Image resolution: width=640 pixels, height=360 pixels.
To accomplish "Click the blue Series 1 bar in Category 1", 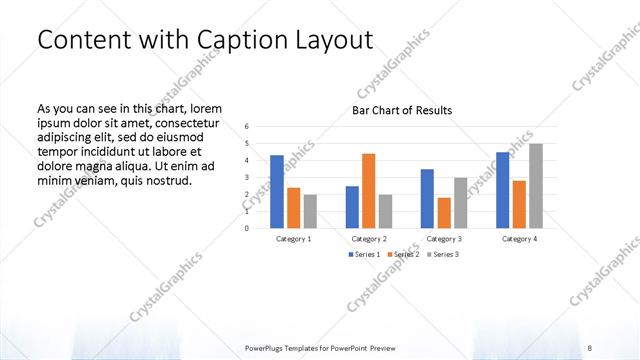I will click(277, 192).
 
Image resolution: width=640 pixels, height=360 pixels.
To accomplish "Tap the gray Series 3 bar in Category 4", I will click(536, 186).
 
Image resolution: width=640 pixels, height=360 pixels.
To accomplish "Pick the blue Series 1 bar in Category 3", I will click(427, 199).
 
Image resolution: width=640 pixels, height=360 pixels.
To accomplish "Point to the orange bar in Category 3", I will click(443, 213).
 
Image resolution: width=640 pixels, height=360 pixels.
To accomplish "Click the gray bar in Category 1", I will click(310, 211).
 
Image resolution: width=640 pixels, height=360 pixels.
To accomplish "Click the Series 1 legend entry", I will click(363, 255).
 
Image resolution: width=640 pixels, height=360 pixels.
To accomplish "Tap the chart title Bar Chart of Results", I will click(402, 110).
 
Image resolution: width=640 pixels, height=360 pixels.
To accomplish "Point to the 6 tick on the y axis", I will click(247, 127).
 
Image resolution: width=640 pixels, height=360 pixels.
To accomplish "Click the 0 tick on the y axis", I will click(247, 228).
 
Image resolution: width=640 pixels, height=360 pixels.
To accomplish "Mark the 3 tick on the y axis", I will click(247, 178).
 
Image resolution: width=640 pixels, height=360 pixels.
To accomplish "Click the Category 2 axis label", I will click(369, 239).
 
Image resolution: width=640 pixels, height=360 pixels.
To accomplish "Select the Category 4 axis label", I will click(519, 239).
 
